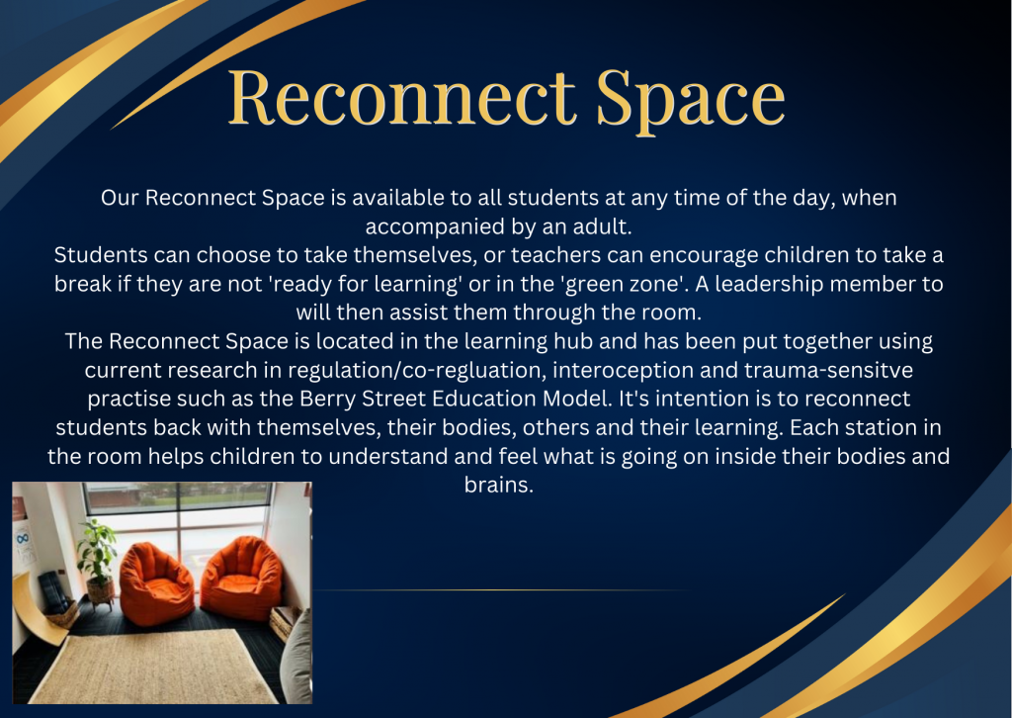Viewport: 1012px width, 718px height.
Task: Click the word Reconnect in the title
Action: pyautogui.click(x=401, y=98)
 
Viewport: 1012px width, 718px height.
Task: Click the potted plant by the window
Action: pyautogui.click(x=98, y=554)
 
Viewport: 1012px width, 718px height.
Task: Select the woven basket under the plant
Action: pyautogui.click(x=100, y=590)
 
